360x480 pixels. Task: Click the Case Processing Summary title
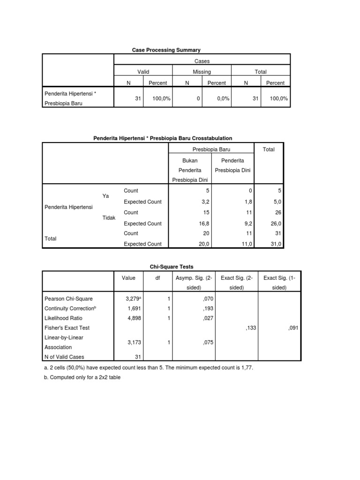tap(167, 49)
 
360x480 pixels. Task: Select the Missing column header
tap(202, 72)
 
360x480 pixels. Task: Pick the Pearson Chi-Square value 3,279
tap(134, 298)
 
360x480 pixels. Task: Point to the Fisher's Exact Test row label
tap(67, 328)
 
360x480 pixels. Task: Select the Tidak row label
tap(109, 218)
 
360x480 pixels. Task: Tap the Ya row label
tap(105, 196)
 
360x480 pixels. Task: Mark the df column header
tap(157, 277)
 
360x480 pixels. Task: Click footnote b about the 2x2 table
tap(82, 377)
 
